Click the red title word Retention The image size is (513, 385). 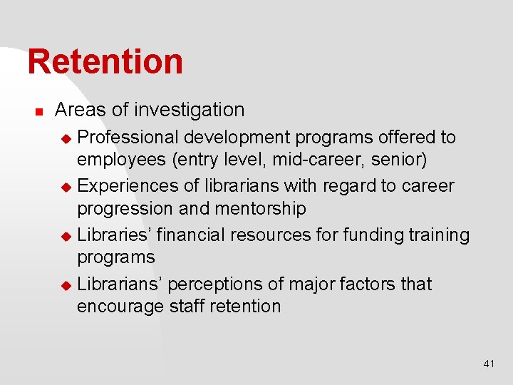point(105,61)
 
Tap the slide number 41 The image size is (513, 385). point(489,364)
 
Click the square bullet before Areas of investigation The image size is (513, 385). point(40,112)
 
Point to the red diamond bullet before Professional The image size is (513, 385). point(66,138)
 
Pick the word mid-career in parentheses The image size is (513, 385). point(319,159)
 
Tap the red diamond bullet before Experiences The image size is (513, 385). point(66,187)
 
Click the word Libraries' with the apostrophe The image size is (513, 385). point(114,235)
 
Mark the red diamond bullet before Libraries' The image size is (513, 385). point(66,235)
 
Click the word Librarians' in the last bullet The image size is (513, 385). point(123,284)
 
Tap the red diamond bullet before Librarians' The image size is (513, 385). point(66,284)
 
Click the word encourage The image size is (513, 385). point(121,307)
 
